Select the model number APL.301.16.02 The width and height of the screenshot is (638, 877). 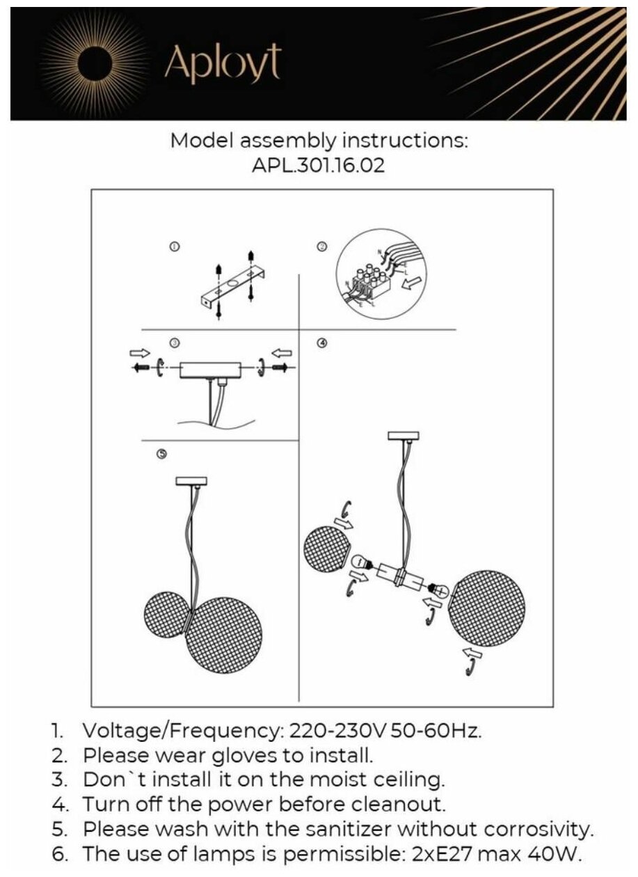(x=319, y=166)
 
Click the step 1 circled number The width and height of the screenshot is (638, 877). (x=175, y=246)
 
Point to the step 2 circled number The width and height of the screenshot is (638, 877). (x=321, y=246)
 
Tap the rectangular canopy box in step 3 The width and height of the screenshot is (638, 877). (x=209, y=368)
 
